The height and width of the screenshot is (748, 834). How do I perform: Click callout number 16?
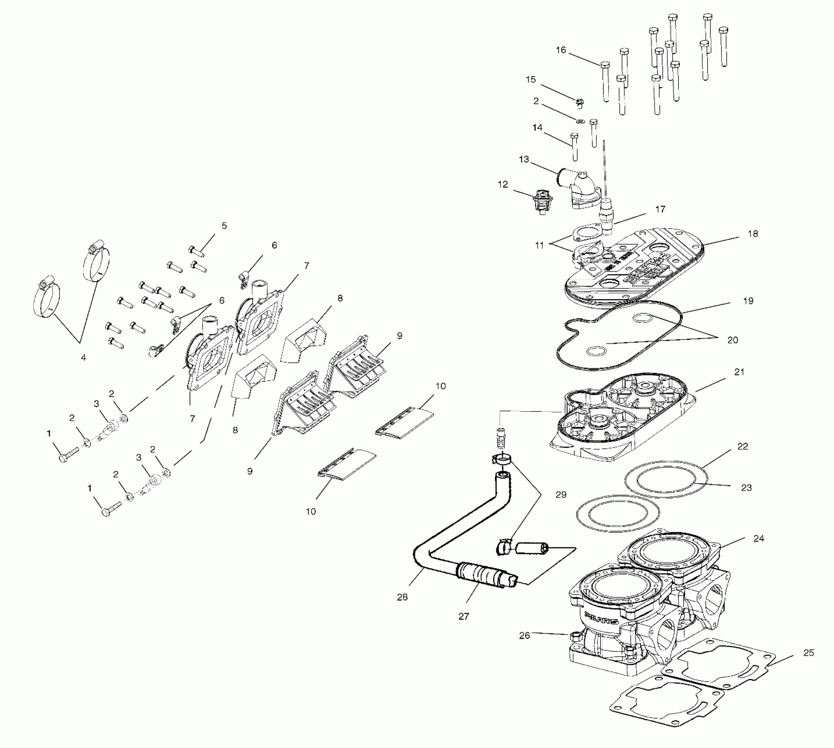(561, 50)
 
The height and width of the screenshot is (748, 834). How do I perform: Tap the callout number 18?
(753, 234)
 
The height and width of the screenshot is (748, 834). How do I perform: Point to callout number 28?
(402, 597)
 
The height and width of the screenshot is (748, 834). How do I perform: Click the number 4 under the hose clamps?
(83, 358)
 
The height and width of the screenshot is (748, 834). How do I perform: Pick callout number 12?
(503, 185)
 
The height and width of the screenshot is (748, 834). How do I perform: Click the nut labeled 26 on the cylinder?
(574, 637)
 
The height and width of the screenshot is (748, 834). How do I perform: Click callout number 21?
(739, 372)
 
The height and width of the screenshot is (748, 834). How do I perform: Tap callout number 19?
(748, 301)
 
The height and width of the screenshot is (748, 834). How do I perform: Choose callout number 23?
(746, 488)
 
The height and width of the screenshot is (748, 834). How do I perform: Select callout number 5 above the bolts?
(224, 226)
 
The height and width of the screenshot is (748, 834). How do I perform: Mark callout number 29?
(561, 495)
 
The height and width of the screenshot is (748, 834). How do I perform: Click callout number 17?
(660, 209)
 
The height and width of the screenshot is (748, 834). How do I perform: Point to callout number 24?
(759, 538)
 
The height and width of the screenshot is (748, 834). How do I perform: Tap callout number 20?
(733, 340)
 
